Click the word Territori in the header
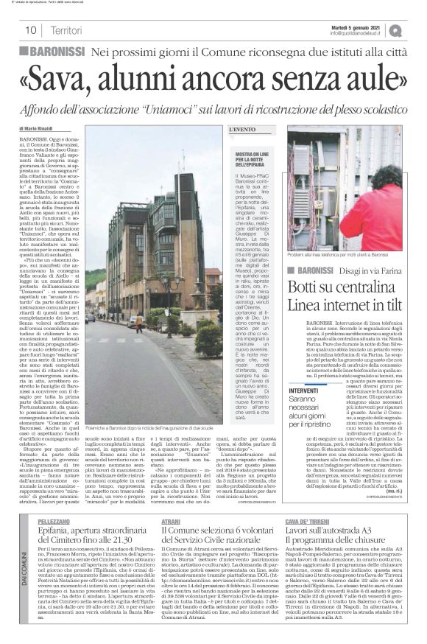click(x=67, y=30)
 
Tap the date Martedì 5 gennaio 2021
click(x=354, y=27)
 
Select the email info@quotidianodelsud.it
click(x=355, y=33)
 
